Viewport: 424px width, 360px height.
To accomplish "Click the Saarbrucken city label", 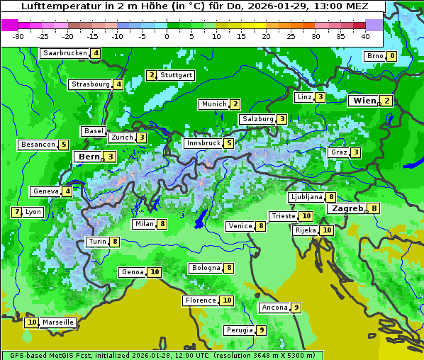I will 65,53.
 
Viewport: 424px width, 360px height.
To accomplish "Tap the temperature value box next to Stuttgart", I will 151,75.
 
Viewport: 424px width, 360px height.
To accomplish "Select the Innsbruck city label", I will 203,143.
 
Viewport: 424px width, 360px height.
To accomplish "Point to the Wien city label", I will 364,101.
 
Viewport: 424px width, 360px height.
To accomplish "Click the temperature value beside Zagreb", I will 374,208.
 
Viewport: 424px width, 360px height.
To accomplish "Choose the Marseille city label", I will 58,322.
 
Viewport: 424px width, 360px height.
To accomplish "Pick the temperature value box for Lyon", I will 16,212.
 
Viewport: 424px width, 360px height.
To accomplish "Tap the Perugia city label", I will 240,330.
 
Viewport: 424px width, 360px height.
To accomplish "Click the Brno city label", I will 374,56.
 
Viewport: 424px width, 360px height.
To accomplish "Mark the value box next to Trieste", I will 306,216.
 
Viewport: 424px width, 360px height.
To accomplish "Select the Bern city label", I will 89,157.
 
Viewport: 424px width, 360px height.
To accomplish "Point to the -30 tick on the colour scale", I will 18,36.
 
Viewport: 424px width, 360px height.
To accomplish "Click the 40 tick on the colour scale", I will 365,36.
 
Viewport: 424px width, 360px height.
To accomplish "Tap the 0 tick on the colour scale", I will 167,36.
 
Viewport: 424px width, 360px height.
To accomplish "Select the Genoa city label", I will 133,272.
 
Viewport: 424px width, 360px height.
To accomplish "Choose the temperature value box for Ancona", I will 296,308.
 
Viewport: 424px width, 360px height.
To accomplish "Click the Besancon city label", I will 38,145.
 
